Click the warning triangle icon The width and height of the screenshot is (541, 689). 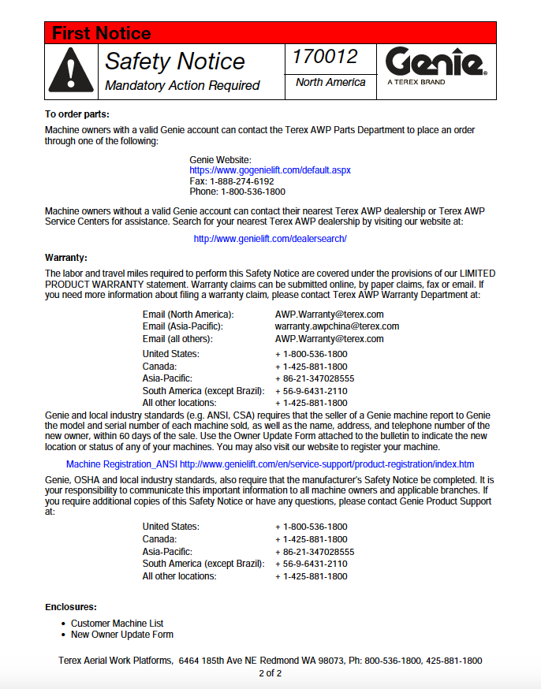coord(71,71)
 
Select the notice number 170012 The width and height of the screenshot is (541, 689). coord(325,57)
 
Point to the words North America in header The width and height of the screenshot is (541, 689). coord(330,82)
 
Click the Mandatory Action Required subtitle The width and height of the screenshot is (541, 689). coord(182,85)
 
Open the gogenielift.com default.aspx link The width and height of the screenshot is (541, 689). coord(270,170)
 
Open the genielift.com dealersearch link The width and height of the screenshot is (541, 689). coord(270,238)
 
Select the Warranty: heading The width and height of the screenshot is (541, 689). coord(66,258)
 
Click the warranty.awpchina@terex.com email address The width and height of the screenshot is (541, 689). coord(337,326)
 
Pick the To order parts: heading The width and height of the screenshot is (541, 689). coord(76,115)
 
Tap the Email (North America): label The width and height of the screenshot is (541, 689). coord(188,315)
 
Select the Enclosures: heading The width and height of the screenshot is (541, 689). coord(71,607)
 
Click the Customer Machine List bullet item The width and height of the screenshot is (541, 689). coord(117,624)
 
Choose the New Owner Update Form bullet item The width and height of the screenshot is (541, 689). coord(121,635)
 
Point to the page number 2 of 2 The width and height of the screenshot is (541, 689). coord(270,673)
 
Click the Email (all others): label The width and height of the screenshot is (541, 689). coord(177,339)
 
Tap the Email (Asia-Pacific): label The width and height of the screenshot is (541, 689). coord(182,326)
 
